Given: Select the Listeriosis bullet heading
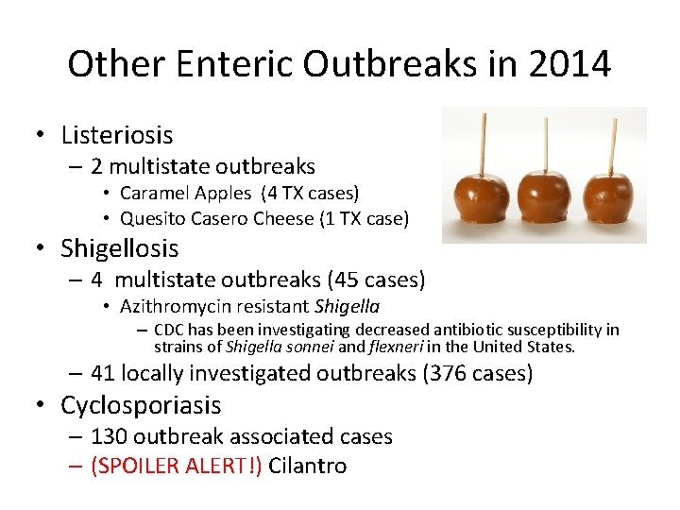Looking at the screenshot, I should (x=116, y=136).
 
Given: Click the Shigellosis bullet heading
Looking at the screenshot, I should (x=119, y=248).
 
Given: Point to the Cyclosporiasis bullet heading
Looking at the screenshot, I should (x=141, y=405).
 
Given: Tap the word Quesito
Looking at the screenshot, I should (x=149, y=218).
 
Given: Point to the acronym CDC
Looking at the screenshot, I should (x=170, y=330).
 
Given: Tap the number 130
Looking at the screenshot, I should (x=110, y=436).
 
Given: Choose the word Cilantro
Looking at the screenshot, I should (x=308, y=466).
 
